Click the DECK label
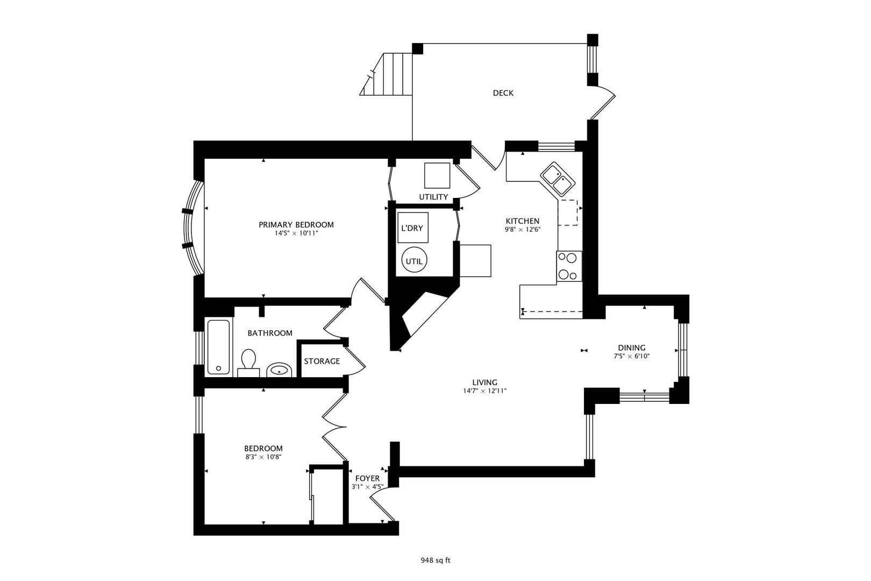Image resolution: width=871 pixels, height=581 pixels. click(x=503, y=93)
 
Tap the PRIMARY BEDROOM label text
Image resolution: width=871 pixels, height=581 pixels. click(x=296, y=225)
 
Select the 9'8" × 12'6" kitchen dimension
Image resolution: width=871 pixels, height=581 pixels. click(x=522, y=229)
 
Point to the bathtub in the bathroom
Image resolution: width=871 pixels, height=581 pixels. click(x=218, y=346)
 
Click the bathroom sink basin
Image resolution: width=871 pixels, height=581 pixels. click(x=280, y=370)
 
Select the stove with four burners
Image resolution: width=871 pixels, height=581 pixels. click(x=569, y=266)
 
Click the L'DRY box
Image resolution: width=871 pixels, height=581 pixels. click(x=412, y=228)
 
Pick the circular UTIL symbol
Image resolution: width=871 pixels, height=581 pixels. click(x=414, y=261)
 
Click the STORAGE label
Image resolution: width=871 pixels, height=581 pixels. click(x=322, y=361)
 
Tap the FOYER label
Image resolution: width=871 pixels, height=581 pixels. click(x=367, y=478)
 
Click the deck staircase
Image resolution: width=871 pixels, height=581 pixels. click(x=389, y=74)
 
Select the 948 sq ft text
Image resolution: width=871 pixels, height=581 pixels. click(x=435, y=560)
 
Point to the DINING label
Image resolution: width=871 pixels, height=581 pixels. click(x=631, y=348)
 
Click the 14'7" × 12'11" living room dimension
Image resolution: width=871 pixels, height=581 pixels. click(x=485, y=391)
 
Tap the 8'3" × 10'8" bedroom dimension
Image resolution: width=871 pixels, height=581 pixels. click(x=263, y=457)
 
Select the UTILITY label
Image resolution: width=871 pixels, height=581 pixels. click(x=433, y=197)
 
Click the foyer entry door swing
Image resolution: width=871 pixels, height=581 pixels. click(x=381, y=508)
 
